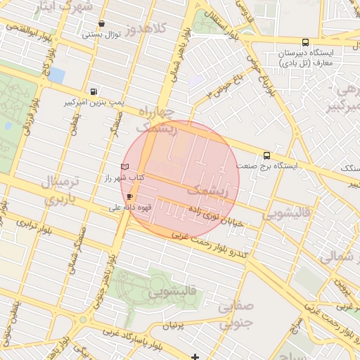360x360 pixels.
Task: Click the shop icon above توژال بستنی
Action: click(x=103, y=23)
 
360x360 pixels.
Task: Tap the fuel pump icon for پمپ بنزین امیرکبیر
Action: click(x=94, y=91)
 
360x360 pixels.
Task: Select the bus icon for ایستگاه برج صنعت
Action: click(x=266, y=155)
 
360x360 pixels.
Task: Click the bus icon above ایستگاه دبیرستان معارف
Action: click(x=304, y=42)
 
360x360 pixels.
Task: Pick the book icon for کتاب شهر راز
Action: click(x=125, y=166)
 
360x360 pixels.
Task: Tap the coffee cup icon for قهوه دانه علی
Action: click(x=129, y=196)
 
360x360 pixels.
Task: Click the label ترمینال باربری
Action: click(x=65, y=190)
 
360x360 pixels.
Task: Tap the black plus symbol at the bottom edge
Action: click(x=195, y=356)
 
